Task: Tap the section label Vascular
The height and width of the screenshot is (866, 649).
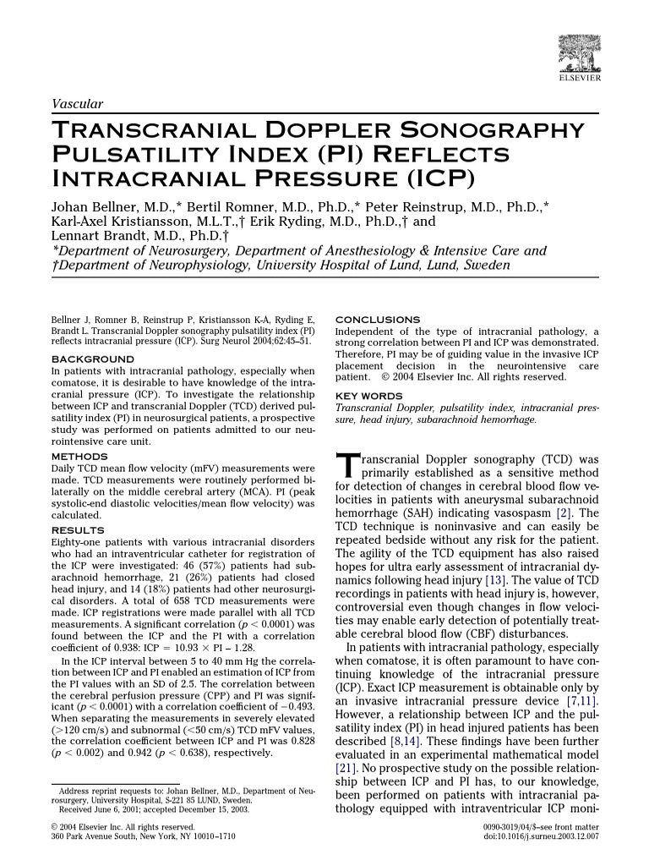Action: [x=77, y=104]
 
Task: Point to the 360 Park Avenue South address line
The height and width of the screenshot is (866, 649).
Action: [x=144, y=836]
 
